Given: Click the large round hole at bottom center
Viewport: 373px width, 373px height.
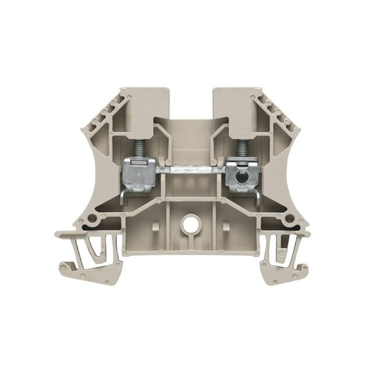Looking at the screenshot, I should tap(189, 222).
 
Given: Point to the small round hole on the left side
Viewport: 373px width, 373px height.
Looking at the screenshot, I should tap(92, 218).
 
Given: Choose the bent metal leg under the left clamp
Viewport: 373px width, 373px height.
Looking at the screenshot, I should tap(124, 197).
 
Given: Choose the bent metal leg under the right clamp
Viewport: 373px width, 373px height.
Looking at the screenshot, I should tap(256, 197).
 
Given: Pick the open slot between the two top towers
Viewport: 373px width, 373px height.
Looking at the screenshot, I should tap(191, 102).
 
